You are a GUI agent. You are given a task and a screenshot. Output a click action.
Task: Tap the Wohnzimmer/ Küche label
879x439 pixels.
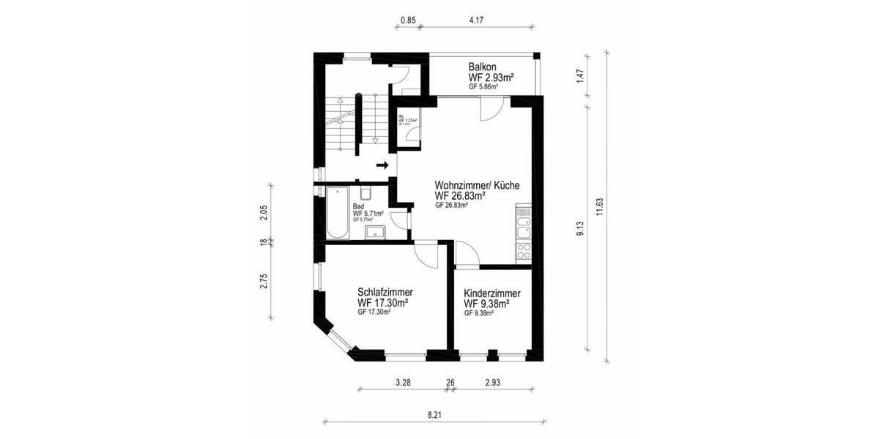[477, 186]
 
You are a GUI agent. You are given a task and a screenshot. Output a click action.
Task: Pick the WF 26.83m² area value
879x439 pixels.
[461, 196]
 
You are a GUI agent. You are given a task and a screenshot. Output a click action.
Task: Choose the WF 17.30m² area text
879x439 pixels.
[383, 301]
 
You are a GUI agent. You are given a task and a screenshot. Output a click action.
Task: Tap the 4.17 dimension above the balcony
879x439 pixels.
[475, 20]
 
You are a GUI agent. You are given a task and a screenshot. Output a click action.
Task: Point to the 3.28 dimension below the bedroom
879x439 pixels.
[403, 383]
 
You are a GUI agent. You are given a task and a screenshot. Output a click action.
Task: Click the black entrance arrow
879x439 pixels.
[382, 165]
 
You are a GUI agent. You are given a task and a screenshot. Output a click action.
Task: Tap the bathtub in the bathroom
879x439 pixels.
[338, 213]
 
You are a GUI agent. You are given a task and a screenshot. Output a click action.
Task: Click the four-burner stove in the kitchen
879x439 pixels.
[524, 251]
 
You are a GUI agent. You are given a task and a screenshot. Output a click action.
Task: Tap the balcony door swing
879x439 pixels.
[489, 110]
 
